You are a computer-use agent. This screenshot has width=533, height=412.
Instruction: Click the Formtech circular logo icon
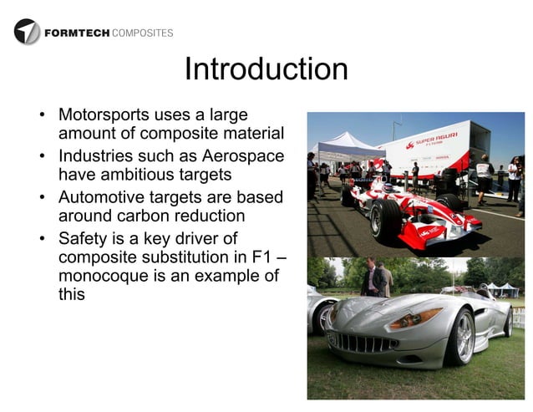click(27, 32)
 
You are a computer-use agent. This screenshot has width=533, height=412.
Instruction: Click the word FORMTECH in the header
click(75, 33)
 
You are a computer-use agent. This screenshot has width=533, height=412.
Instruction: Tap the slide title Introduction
click(266, 69)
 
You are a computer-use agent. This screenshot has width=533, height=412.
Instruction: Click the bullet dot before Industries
click(42, 156)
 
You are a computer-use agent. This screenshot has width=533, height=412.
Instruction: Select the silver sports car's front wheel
click(462, 336)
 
